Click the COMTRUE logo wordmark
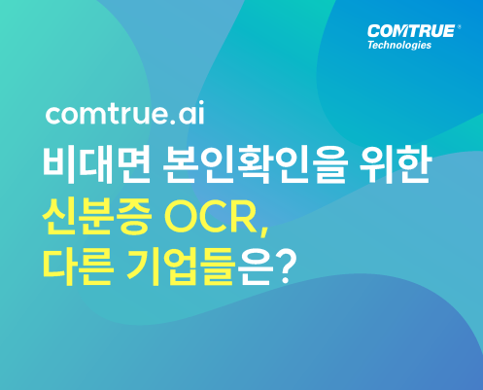411,31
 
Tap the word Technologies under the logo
399,45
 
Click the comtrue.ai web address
125,113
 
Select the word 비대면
96,164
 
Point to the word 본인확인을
256,164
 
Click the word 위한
396,164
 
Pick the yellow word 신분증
97,216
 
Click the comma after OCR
264,231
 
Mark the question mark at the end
285,267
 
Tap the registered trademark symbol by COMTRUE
459,27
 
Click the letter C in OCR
213,217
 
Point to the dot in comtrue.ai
173,121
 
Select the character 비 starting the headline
59,164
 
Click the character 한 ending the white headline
414,164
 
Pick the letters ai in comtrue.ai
191,113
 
